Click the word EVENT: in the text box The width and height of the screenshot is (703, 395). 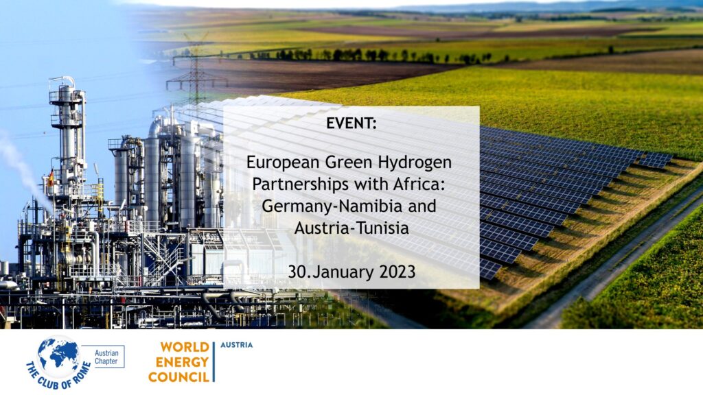pos(351,123)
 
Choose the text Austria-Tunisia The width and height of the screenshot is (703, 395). pos(351,228)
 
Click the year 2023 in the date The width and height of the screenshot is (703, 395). pos(398,272)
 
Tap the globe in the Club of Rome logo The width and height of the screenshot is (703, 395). pos(58,357)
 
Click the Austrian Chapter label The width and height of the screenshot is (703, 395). pos(106,357)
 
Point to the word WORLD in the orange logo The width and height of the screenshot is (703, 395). pos(185,347)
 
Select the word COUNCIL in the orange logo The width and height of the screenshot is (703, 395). pos(178,377)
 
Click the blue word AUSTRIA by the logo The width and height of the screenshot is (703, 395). pos(236,345)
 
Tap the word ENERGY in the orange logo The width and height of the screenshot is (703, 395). pos(182,362)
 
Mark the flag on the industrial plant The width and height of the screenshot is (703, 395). pos(51,178)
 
